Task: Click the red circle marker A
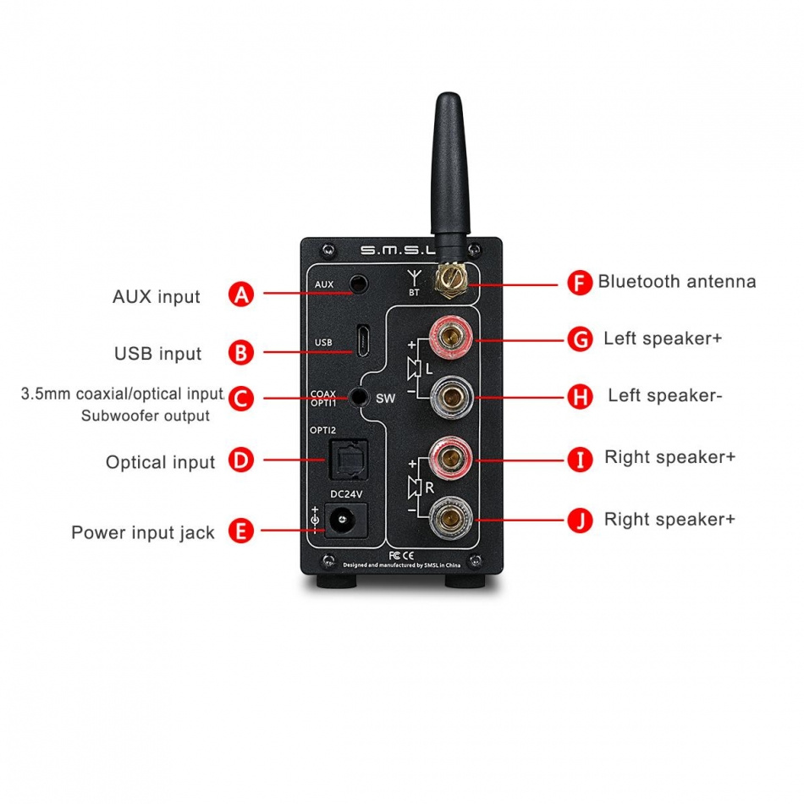[241, 294]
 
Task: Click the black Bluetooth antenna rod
[449, 169]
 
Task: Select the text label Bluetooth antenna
[676, 282]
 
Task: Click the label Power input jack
[142, 532]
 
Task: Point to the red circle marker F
[579, 283]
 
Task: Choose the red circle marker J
[579, 520]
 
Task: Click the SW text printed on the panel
[385, 398]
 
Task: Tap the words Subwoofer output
[145, 416]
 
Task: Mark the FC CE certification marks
[393, 555]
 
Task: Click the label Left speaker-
[664, 396]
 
